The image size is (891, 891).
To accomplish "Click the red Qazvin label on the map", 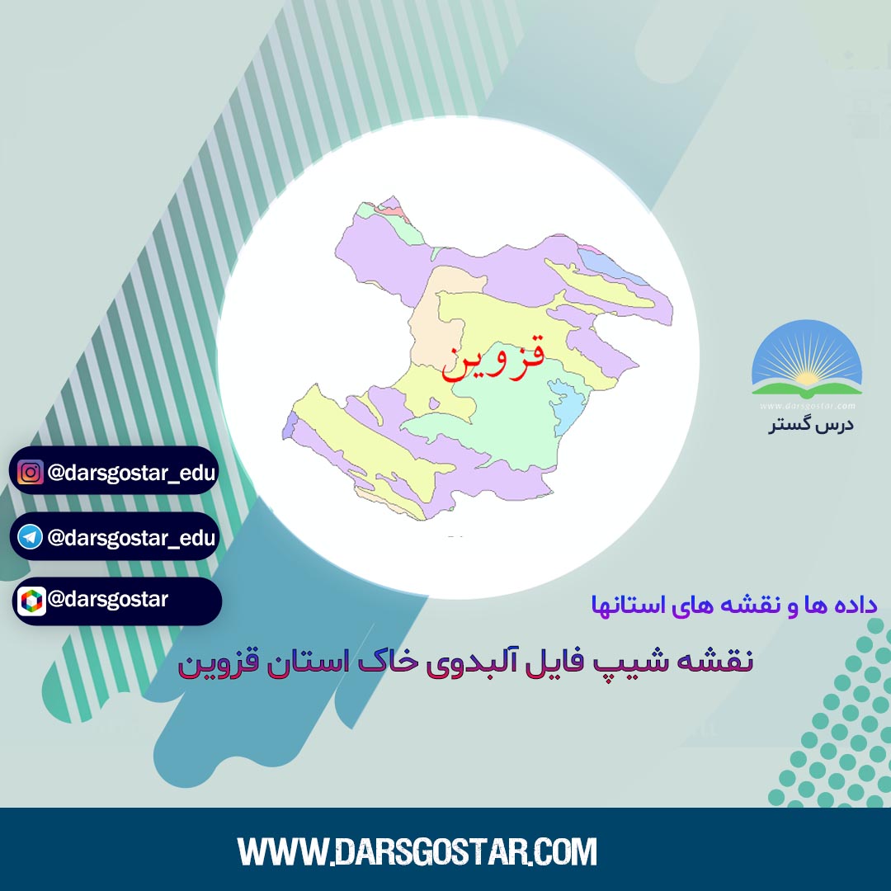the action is coord(493,357).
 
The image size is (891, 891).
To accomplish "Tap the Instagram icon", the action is coord(31,472).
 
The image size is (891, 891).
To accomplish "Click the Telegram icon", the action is coord(31,537).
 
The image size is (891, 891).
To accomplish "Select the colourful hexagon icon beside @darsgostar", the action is coord(31,601).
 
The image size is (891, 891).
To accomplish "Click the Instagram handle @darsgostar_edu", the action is coord(132,473).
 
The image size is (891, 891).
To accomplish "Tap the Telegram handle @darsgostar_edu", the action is coord(132,538).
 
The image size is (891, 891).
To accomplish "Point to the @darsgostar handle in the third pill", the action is coord(108,600).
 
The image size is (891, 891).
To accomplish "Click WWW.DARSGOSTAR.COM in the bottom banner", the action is coord(417,851).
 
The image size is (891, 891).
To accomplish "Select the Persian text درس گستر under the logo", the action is coord(811,425).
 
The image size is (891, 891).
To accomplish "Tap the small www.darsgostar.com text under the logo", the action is coord(808,406).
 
